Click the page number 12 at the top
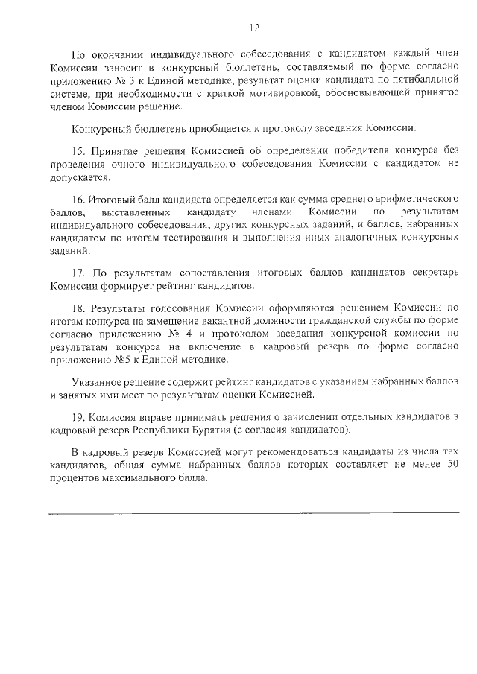point(254,28)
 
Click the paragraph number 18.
point(78,308)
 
